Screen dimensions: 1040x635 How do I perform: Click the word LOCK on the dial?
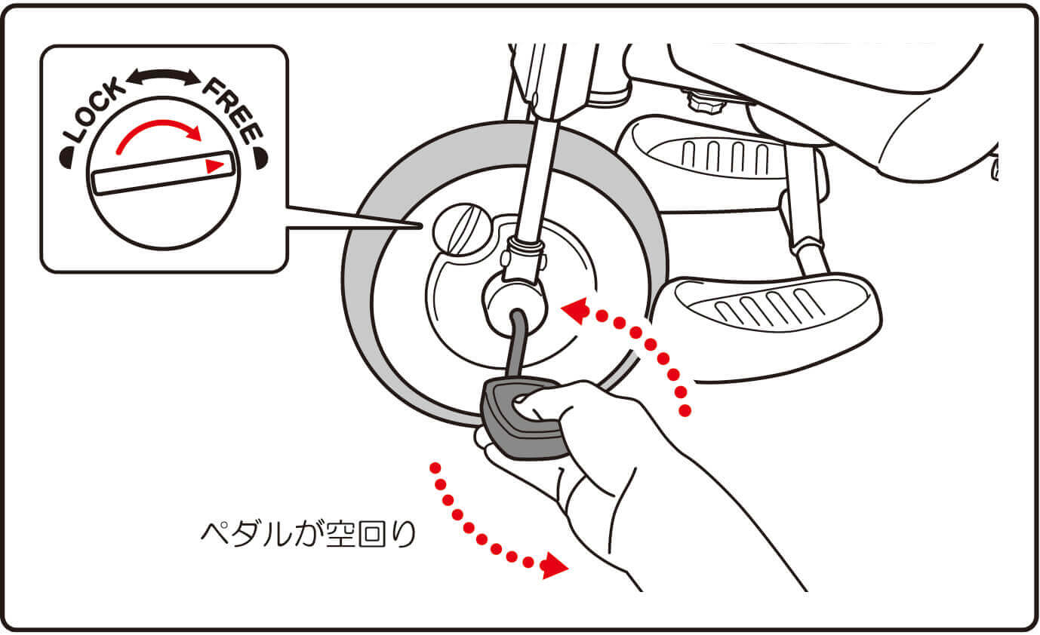(x=94, y=109)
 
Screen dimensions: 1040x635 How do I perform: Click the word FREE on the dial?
(x=233, y=112)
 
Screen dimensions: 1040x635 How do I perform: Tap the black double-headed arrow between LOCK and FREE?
(x=164, y=77)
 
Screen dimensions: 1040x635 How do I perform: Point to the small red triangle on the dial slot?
(x=214, y=166)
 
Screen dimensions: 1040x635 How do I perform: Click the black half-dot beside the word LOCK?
(x=66, y=158)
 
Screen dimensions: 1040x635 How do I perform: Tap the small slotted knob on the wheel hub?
(x=461, y=229)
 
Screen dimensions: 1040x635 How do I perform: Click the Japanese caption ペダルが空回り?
(x=308, y=535)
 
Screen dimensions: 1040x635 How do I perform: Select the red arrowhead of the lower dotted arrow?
(x=555, y=566)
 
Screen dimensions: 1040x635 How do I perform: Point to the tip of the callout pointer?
(x=422, y=226)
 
